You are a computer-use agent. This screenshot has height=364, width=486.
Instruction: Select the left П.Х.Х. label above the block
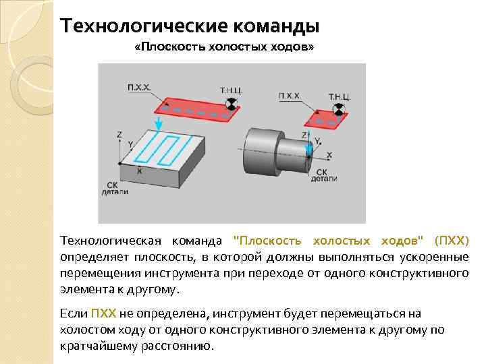(140, 87)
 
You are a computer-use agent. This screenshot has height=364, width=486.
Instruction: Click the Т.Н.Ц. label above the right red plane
(339, 96)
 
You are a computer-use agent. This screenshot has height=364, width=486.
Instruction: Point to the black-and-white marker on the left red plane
(232, 103)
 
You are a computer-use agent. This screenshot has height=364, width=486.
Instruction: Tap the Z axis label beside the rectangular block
(119, 135)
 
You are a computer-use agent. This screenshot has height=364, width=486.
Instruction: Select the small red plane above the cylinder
(326, 120)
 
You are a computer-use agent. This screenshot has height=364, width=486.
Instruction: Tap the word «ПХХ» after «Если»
(103, 314)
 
